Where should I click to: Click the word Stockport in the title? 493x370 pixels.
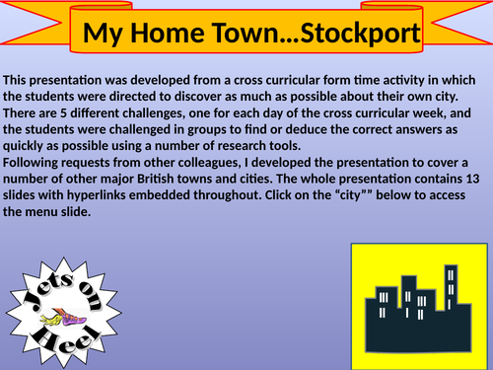point(359,34)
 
